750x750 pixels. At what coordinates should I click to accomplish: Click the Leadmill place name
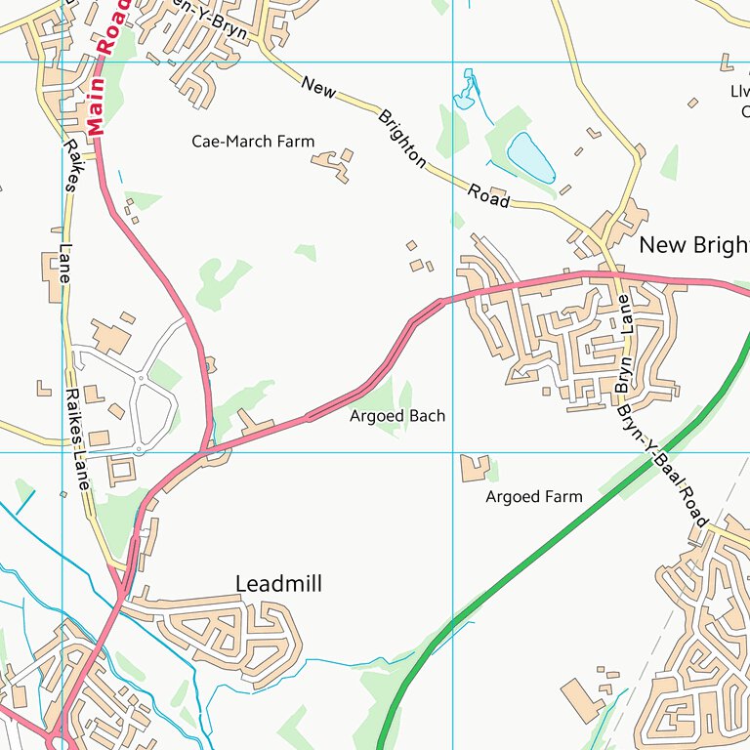[278, 584]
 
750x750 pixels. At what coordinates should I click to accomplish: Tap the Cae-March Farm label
[253, 142]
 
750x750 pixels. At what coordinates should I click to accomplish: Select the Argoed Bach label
[397, 416]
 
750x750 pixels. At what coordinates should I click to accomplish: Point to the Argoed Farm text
[534, 497]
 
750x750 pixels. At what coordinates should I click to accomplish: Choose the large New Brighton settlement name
[693, 245]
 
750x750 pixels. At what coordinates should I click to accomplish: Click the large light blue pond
[530, 156]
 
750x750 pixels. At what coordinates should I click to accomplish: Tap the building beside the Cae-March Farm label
[335, 165]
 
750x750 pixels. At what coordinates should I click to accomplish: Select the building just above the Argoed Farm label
[475, 468]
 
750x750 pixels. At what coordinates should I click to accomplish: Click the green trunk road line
[547, 547]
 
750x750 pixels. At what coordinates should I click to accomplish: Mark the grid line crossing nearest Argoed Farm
[453, 452]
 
